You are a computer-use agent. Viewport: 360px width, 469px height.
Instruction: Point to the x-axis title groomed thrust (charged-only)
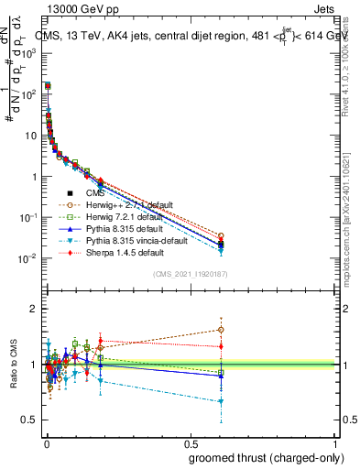pyautogui.click(x=267, y=457)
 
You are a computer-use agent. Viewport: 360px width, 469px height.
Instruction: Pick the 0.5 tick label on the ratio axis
pyautogui.click(x=28, y=420)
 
